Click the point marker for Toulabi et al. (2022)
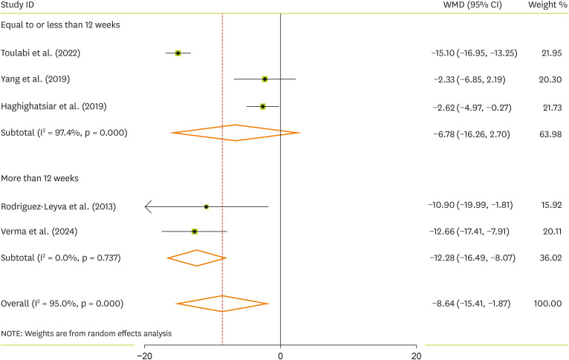pos(178,53)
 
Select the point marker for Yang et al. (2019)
pos(264,79)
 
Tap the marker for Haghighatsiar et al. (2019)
pos(263,106)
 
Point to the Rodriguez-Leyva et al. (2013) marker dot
pos(207,206)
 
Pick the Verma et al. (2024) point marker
pos(195,232)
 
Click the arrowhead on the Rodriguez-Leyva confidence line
pos(147,206)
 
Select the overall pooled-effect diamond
pos(222,304)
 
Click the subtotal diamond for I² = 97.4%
pos(235,133)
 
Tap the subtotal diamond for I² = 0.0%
pos(197,258)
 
